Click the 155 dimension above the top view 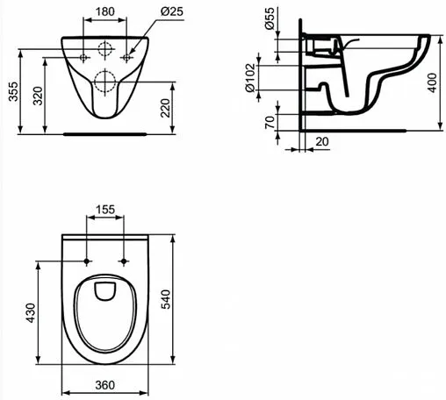click(105, 211)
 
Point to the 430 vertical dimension click(30, 311)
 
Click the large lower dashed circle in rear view click(105, 82)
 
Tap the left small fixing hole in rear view click(84, 57)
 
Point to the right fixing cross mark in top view click(124, 261)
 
